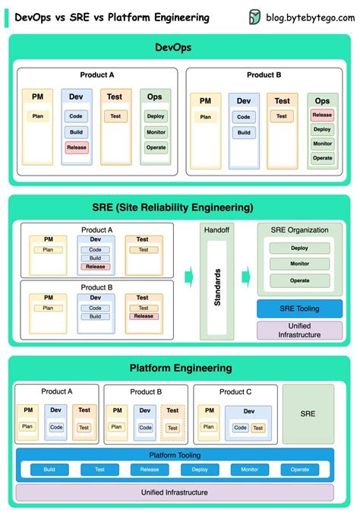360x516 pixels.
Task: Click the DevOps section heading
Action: (179, 47)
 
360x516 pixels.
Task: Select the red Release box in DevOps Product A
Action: (77, 147)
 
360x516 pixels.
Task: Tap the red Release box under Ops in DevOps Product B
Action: (322, 116)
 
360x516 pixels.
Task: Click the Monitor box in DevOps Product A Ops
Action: (156, 131)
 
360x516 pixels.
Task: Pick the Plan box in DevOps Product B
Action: (205, 116)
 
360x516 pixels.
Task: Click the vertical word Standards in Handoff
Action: (217, 286)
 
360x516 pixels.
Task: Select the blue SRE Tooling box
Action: (299, 309)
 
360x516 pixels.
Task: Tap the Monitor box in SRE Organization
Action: (299, 264)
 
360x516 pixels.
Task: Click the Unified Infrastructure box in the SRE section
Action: (299, 330)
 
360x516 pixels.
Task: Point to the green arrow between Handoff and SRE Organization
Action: (246, 275)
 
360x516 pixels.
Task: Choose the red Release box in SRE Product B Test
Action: (143, 316)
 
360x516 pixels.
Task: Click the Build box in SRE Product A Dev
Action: (95, 258)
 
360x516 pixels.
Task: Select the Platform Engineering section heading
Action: (180, 368)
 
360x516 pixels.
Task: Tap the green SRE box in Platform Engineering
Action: (308, 413)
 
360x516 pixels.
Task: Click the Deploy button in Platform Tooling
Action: (200, 470)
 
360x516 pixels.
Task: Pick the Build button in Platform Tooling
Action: (49, 470)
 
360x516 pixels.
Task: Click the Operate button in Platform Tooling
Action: (300, 470)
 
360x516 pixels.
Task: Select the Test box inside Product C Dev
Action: (258, 428)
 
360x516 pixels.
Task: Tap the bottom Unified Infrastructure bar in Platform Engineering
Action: (174, 492)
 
